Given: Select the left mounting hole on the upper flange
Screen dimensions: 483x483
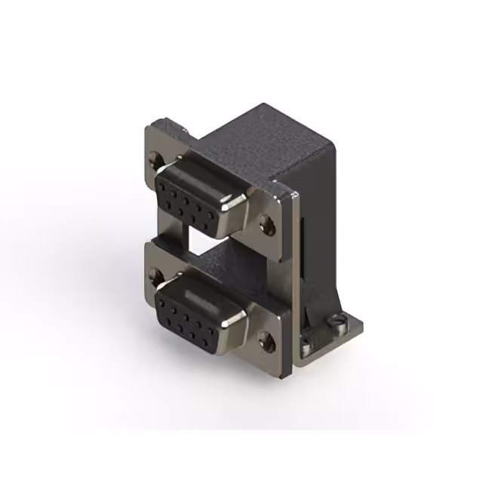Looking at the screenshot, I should (155, 159).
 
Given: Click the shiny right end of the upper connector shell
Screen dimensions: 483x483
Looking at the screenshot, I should (235, 200).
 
